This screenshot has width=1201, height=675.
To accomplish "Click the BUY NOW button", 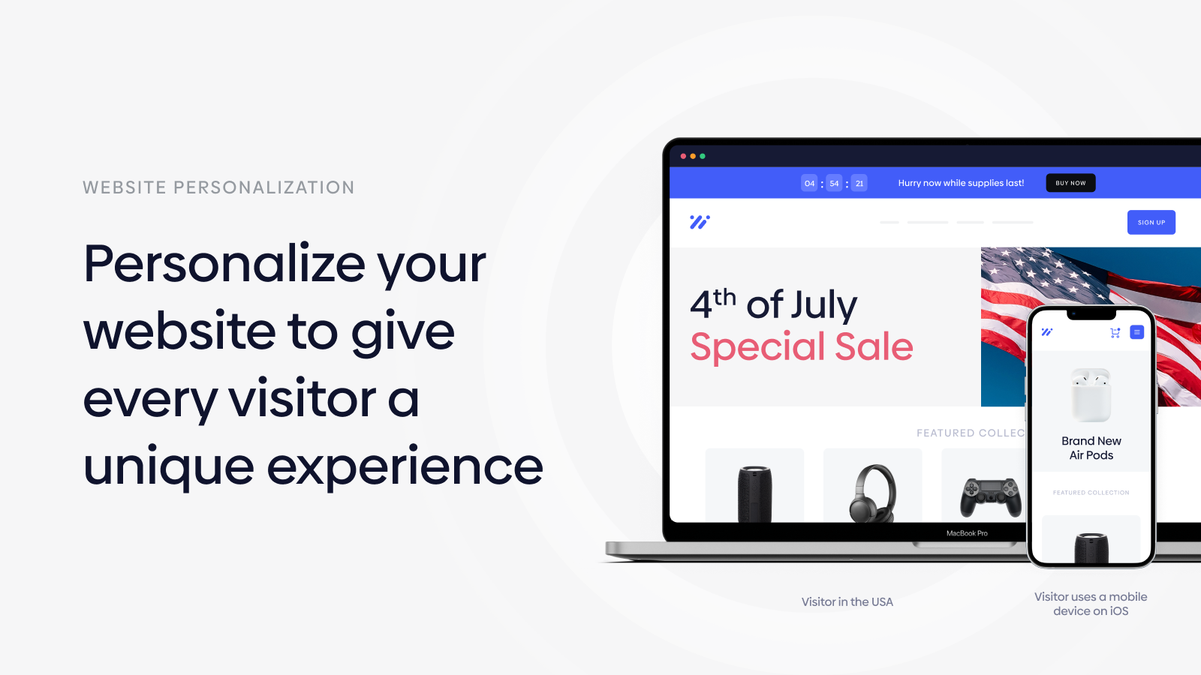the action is point(1070,183).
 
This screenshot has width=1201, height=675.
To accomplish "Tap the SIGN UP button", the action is point(1151,222).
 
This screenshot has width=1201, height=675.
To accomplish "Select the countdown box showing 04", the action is point(809,183).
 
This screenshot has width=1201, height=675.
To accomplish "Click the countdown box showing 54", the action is point(834,183).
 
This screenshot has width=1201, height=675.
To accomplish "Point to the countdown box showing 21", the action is point(859,183).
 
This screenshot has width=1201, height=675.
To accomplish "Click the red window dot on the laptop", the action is point(683,157).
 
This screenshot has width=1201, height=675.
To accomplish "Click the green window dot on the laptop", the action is point(703,157).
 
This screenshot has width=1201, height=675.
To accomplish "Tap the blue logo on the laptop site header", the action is point(700,222).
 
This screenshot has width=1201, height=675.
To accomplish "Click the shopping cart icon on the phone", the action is point(1115,333).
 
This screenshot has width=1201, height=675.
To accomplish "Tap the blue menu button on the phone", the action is point(1136,332).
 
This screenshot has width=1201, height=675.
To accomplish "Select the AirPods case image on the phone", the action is point(1091,394).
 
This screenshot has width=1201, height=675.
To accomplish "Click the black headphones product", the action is point(872,493).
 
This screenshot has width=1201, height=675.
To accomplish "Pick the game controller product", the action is point(990,498).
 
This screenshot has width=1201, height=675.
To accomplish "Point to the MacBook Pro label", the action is point(967,533).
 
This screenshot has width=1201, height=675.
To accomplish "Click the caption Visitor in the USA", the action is point(847,602).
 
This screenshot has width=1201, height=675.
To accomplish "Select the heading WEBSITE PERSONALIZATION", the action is point(218,187).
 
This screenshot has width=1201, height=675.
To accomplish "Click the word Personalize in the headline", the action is point(224,263).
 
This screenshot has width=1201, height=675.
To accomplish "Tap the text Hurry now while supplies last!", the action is point(961,183).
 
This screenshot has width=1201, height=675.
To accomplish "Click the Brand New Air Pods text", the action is point(1091,448).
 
